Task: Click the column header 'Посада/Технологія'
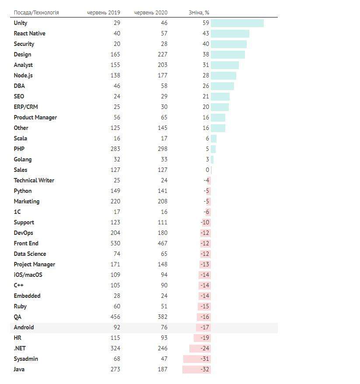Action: pyautogui.click(x=36, y=13)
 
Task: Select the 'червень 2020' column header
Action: pyautogui.click(x=150, y=13)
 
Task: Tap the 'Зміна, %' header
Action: pyautogui.click(x=199, y=13)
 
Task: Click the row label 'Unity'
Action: pyautogui.click(x=21, y=23)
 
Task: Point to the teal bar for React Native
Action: pyautogui.click(x=230, y=34)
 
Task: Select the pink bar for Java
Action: pyautogui.click(x=196, y=370)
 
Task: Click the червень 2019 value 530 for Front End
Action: pyautogui.click(x=115, y=244)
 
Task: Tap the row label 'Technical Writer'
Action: pyautogui.click(x=34, y=181)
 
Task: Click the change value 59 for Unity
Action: pyautogui.click(x=206, y=23)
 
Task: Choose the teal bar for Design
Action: pyautogui.click(x=227, y=55)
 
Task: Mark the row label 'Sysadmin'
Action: pyautogui.click(x=26, y=359)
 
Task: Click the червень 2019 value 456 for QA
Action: pyautogui.click(x=115, y=317)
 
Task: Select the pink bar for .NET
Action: pyautogui.click(x=200, y=349)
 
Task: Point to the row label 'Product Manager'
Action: pyautogui.click(x=35, y=118)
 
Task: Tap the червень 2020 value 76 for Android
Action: pyautogui.click(x=164, y=328)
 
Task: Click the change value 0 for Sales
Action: pyautogui.click(x=207, y=170)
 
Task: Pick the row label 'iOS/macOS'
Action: pyautogui.click(x=28, y=275)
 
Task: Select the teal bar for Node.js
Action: pyautogui.click(x=223, y=76)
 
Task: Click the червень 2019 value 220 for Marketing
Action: pyautogui.click(x=115, y=202)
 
